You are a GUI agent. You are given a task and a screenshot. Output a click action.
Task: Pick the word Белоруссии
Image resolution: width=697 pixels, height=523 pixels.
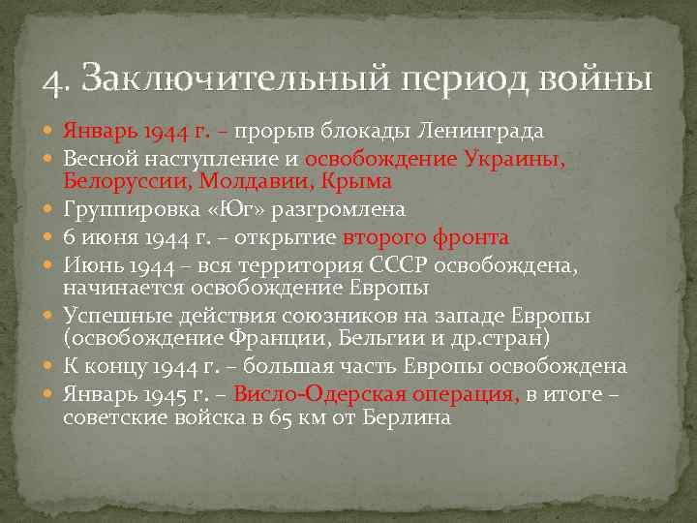point(119,181)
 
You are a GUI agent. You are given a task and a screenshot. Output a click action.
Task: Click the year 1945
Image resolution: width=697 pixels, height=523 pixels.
point(165,394)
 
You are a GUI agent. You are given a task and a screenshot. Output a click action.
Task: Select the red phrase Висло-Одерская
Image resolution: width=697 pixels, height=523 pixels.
point(307,394)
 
